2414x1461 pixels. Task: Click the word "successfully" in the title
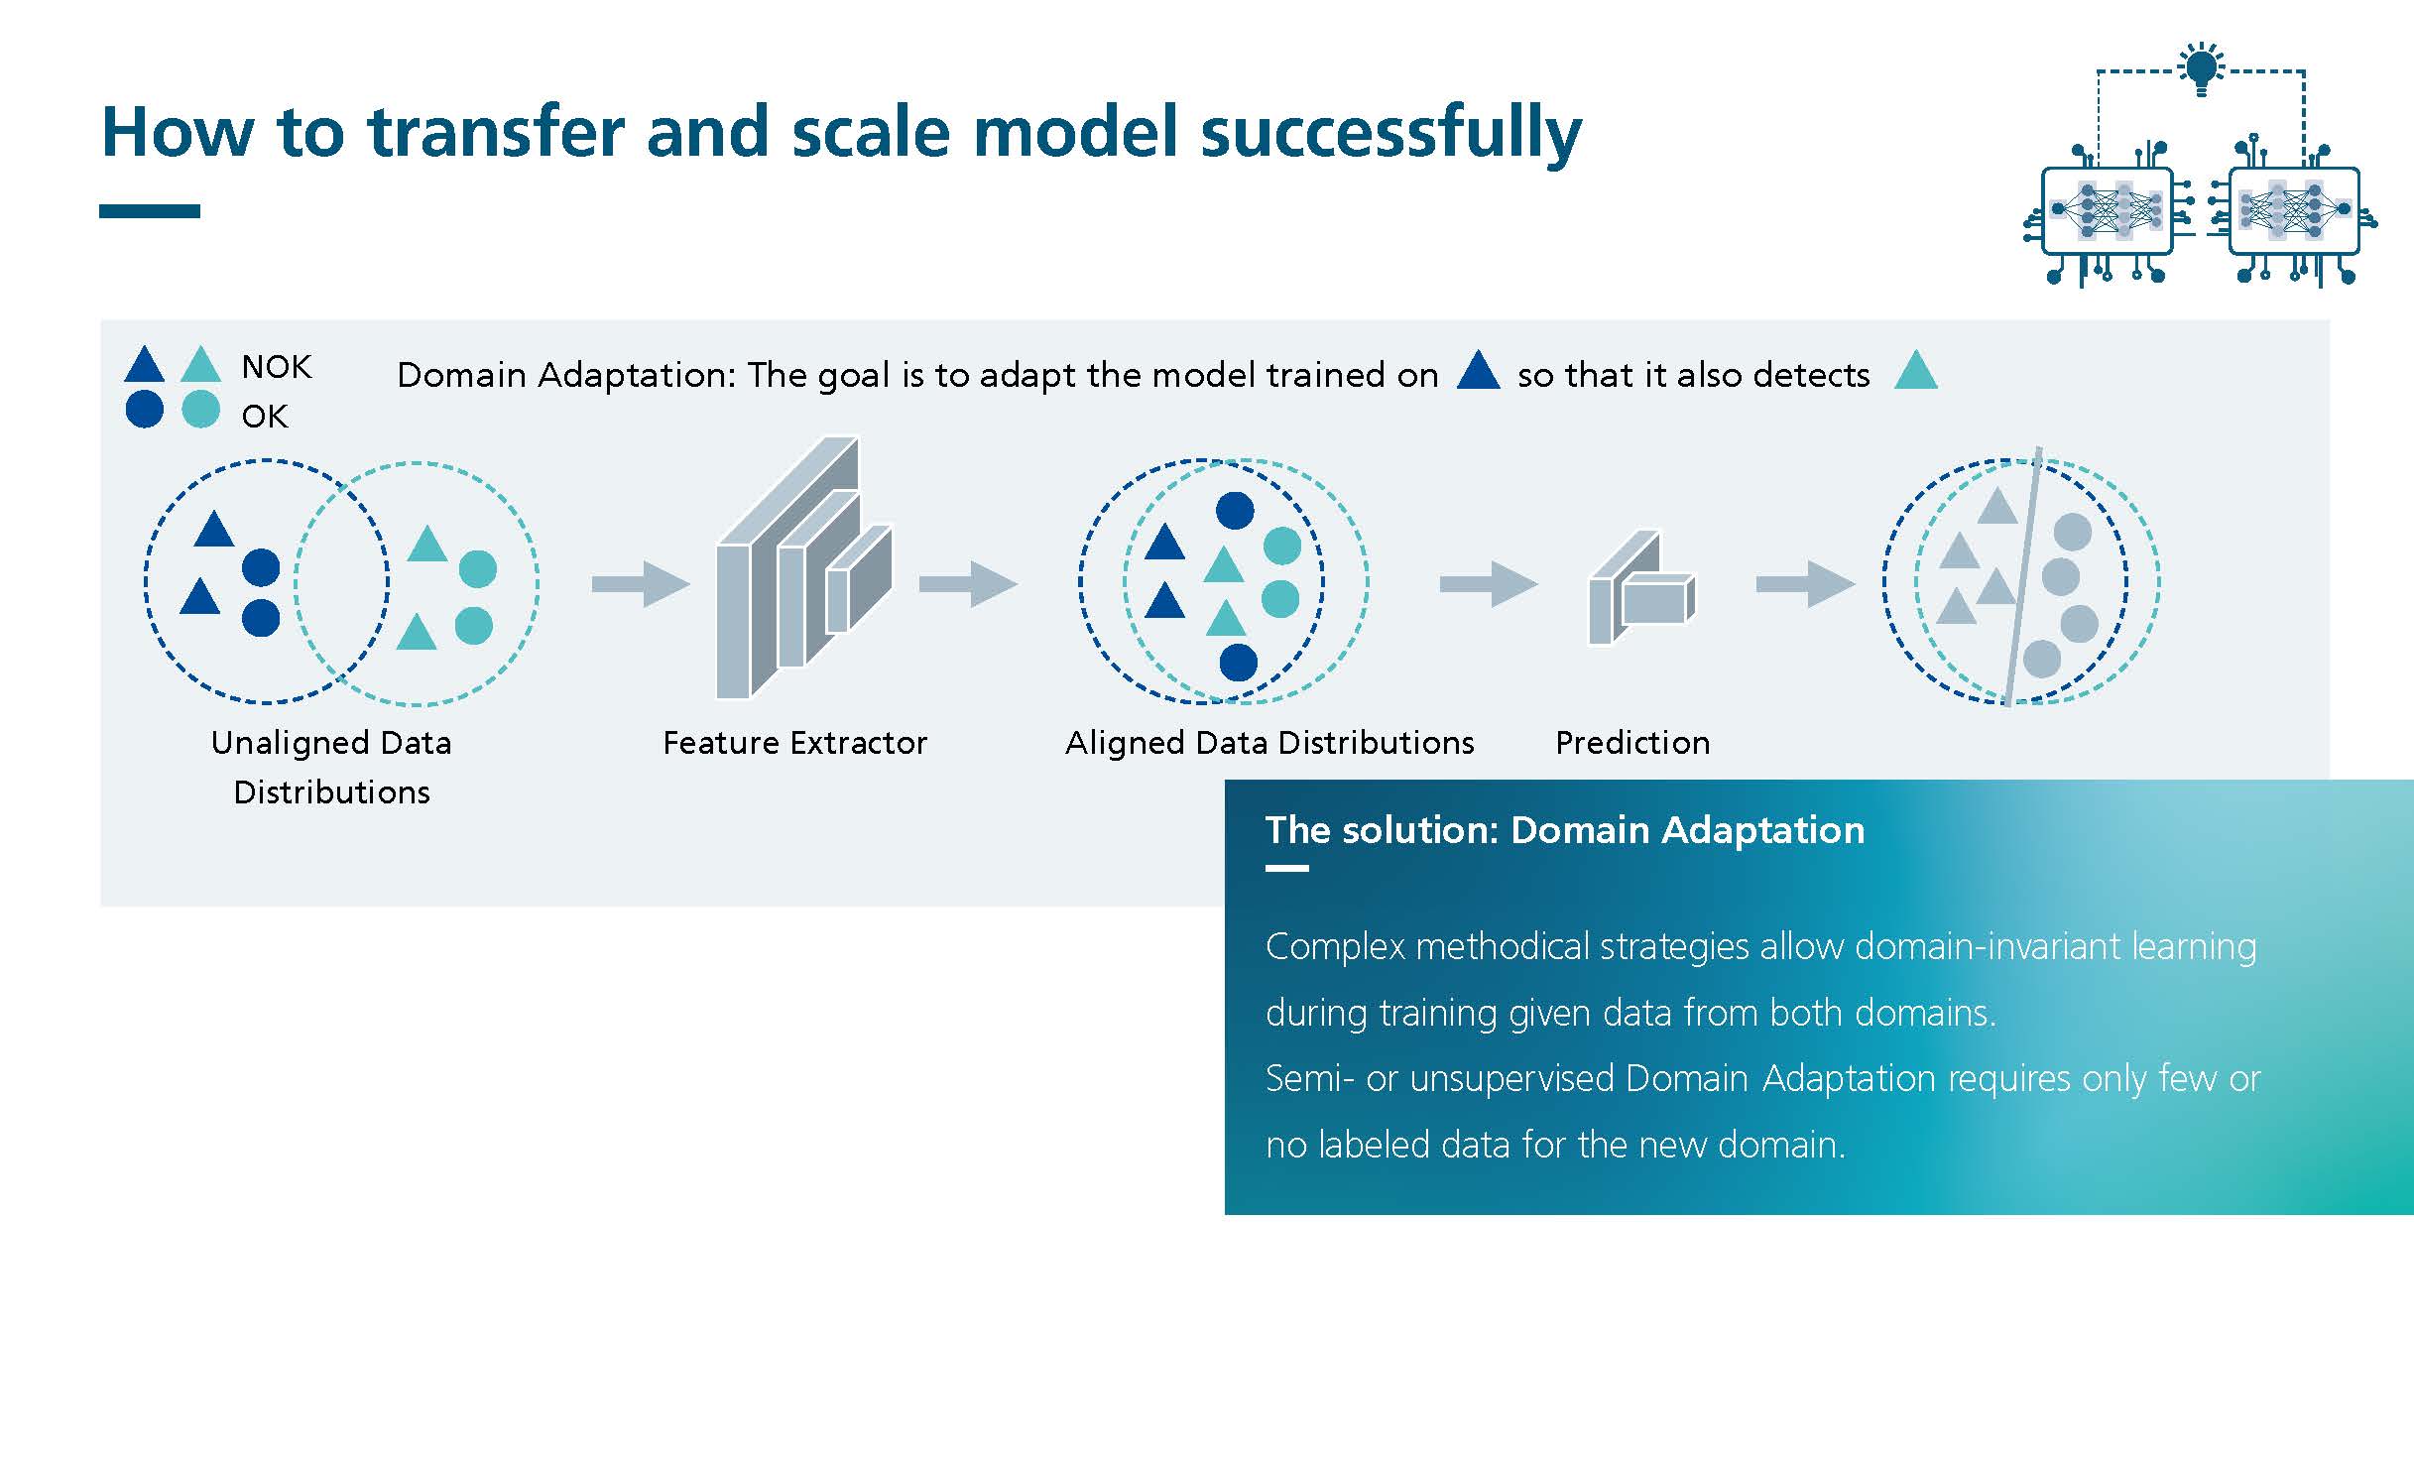point(1390,133)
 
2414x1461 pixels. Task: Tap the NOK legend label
point(277,367)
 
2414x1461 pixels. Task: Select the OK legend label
point(265,416)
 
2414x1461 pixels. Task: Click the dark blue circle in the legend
point(145,410)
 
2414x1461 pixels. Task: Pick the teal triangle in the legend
point(201,364)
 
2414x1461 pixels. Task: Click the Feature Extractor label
point(794,742)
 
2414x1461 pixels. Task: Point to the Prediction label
point(1632,742)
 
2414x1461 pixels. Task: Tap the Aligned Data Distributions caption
point(1269,743)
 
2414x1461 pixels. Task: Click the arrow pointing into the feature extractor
point(641,583)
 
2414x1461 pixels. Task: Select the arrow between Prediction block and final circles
point(1805,583)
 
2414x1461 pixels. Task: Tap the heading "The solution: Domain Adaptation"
point(1565,830)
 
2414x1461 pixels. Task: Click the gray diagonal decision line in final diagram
point(2023,576)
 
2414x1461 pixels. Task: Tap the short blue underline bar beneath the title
point(150,211)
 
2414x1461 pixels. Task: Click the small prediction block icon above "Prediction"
point(1641,588)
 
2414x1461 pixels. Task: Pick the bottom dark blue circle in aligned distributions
point(1238,662)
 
